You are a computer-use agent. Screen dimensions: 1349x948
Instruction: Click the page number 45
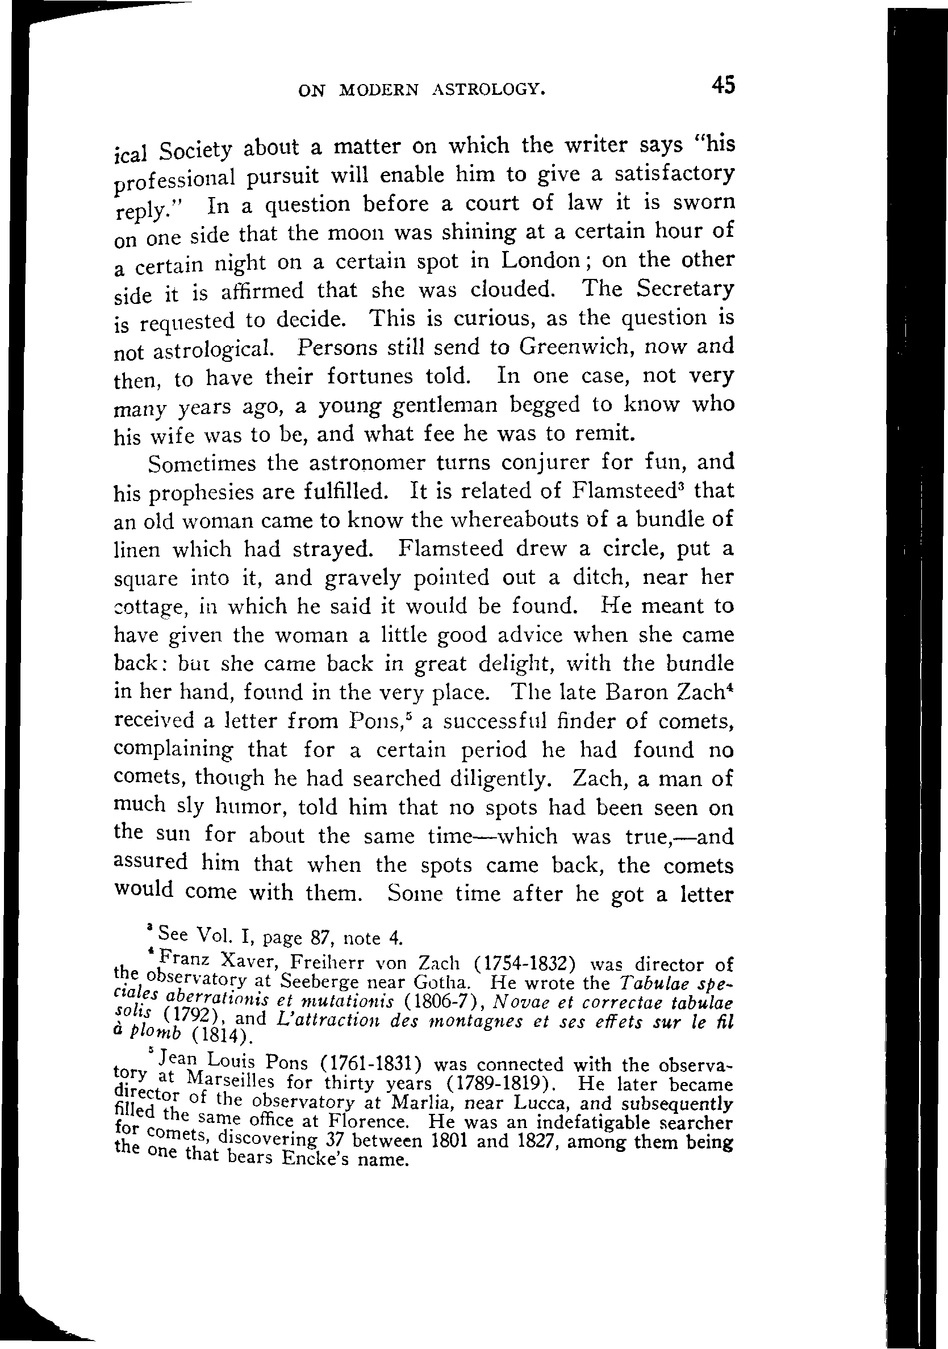[x=723, y=86]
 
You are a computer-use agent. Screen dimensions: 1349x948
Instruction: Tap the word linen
[x=137, y=549]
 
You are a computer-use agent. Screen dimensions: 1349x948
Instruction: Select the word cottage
[x=149, y=607]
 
